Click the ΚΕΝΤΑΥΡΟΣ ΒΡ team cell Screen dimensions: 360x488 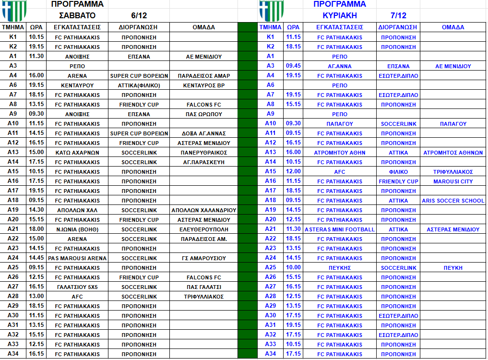point(203,85)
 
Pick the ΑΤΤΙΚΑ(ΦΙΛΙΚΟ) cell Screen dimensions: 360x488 point(139,85)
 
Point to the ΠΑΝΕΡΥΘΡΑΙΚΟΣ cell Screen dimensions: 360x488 point(203,152)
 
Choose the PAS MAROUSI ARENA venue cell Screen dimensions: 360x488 point(77,258)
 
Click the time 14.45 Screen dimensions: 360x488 point(36,258)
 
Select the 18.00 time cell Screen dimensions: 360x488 point(36,229)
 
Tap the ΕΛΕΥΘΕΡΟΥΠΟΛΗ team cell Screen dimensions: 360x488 point(203,229)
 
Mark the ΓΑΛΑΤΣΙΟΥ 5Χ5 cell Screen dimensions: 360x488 point(77,287)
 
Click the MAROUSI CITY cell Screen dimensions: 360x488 point(453,181)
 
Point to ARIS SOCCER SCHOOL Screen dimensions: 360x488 point(453,200)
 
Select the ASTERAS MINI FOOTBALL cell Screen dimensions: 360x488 point(340,229)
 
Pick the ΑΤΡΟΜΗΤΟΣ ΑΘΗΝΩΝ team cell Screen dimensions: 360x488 point(453,152)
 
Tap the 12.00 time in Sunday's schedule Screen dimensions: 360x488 point(293,171)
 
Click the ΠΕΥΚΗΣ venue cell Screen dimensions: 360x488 point(340,267)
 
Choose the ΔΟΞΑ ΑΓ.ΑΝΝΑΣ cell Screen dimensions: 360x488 point(203,133)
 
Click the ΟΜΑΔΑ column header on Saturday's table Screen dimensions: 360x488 point(203,27)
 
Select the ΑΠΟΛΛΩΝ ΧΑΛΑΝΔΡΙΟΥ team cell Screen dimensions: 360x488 point(203,210)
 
